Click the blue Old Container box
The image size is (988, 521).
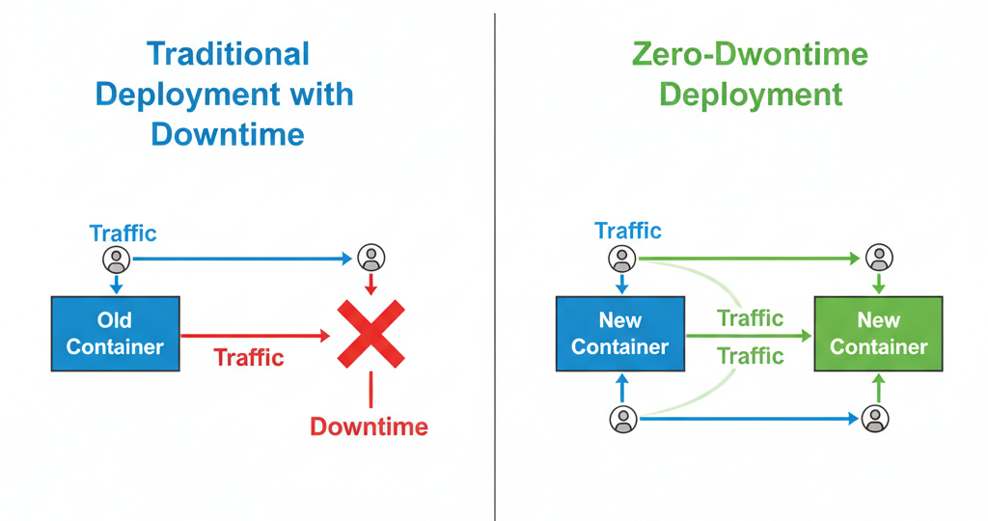[x=115, y=333]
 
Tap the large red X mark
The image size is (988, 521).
[x=370, y=333]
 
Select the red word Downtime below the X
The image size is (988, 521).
[x=369, y=425]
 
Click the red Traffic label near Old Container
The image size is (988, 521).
[x=249, y=357]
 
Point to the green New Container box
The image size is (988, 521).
[x=878, y=333]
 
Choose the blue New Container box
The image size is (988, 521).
[x=619, y=333]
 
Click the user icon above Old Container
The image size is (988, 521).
[x=116, y=260]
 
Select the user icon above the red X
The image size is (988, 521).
[x=370, y=258]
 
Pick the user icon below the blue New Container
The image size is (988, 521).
[x=622, y=419]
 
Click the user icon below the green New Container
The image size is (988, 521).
[x=875, y=419]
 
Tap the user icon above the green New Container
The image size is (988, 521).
[x=878, y=258]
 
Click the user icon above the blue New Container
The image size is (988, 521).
[x=622, y=259]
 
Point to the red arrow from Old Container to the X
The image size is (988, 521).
[x=256, y=336]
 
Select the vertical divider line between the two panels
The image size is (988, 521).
[x=495, y=260]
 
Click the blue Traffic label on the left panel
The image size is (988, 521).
[x=123, y=233]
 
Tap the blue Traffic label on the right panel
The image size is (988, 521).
[x=628, y=231]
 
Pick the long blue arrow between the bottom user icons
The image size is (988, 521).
[x=748, y=419]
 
